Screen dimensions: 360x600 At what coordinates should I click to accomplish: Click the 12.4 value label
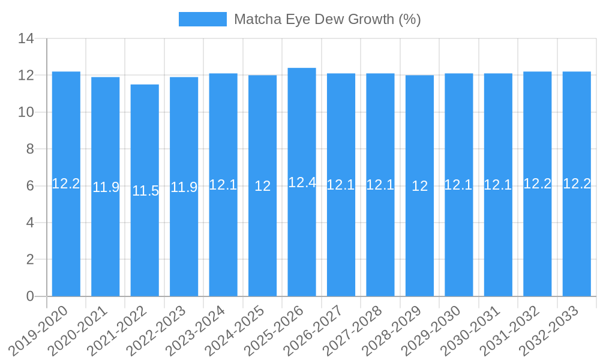tap(302, 182)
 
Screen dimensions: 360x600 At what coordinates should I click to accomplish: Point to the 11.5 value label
tap(145, 191)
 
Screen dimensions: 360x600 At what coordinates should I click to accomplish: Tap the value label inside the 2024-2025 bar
tap(262, 186)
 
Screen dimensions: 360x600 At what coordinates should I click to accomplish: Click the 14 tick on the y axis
tap(26, 39)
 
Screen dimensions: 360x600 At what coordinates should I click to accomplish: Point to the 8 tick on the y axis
tap(30, 149)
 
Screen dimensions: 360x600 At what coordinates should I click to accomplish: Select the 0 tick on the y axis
tap(30, 296)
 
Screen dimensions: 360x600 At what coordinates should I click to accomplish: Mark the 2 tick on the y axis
tap(30, 259)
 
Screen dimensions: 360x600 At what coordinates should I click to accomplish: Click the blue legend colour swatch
tap(203, 19)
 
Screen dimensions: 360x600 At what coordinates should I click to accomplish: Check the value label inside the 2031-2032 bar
tap(537, 184)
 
